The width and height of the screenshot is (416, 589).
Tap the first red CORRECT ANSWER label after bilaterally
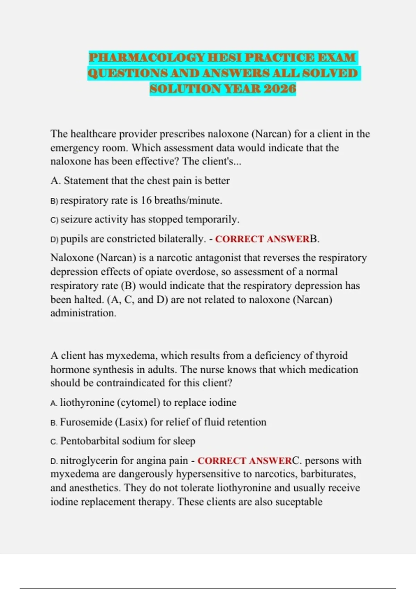[262, 239]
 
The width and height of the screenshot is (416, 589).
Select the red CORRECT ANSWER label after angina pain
[245, 461]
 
